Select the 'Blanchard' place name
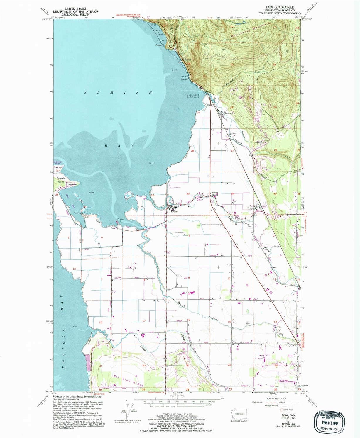pyautogui.click(x=228, y=113)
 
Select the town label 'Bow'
pyautogui.click(x=250, y=208)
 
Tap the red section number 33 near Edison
pyautogui.click(x=188, y=194)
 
